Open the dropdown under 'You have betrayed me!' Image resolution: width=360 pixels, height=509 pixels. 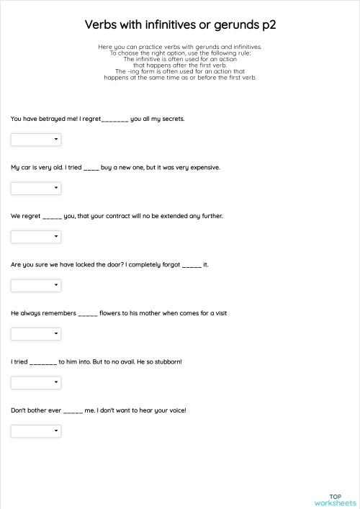click(36, 140)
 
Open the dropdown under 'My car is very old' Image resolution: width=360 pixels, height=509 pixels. click(36, 188)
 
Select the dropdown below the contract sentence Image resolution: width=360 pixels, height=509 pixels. click(36, 237)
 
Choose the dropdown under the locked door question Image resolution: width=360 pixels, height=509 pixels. click(36, 285)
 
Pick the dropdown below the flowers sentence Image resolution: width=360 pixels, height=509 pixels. click(36, 334)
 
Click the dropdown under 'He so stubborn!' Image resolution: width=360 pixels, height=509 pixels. click(36, 382)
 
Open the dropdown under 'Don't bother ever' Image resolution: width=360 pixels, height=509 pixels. click(36, 431)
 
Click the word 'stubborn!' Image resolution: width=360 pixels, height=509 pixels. click(166, 361)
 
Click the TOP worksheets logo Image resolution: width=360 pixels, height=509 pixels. click(335, 499)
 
